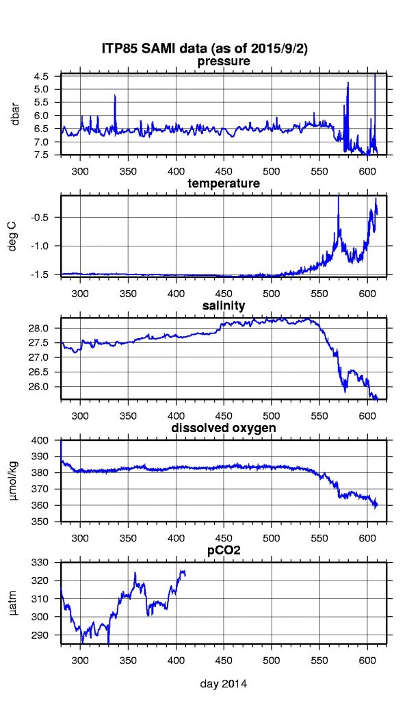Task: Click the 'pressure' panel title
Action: (x=224, y=62)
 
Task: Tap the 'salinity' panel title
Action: (x=224, y=305)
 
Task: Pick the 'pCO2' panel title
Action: (x=224, y=550)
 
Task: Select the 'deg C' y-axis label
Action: (x=15, y=235)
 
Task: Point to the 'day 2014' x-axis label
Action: (x=224, y=684)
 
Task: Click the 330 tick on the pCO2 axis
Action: (x=48, y=562)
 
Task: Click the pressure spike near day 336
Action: (x=115, y=97)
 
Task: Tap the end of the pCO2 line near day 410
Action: (x=185, y=574)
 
